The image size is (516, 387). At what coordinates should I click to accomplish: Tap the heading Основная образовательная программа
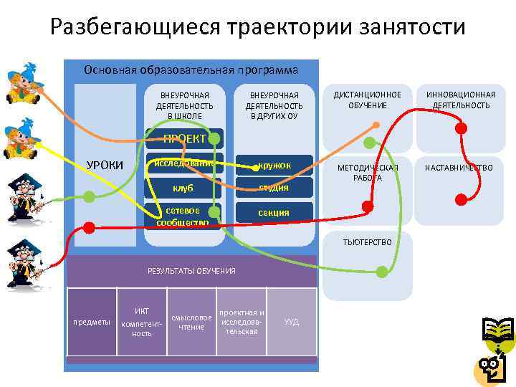tap(191, 70)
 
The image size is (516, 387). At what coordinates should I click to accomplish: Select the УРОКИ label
tap(105, 166)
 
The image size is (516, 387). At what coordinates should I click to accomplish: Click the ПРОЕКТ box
tap(184, 138)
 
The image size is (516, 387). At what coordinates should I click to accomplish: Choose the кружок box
tap(274, 166)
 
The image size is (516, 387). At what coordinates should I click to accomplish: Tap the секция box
tap(274, 212)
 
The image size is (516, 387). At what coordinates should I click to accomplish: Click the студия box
tap(274, 188)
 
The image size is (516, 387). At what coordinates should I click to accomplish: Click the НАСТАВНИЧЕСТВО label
tap(459, 168)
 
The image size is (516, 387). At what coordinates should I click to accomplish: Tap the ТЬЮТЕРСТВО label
tap(368, 242)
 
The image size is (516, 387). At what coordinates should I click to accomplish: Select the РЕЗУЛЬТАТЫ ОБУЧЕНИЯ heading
tap(191, 271)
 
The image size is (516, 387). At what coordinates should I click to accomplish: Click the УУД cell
tap(292, 322)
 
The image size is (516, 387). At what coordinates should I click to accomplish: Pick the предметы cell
tap(92, 322)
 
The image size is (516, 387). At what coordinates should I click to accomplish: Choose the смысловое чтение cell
tap(191, 322)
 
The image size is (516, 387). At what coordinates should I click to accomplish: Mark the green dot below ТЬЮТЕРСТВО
tap(382, 271)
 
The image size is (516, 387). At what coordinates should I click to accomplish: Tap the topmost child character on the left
tap(21, 83)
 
